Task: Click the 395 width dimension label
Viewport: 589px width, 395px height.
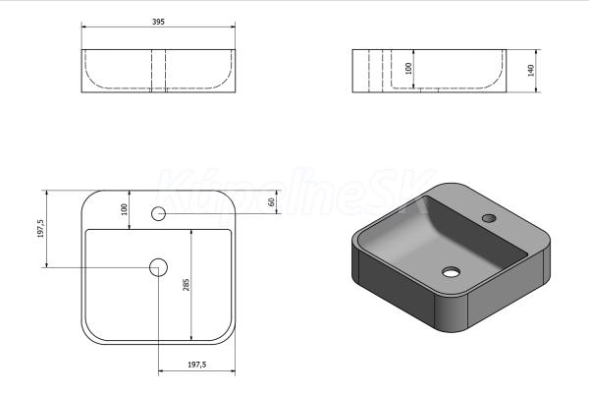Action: click(x=158, y=22)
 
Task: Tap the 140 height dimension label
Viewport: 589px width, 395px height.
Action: click(x=531, y=71)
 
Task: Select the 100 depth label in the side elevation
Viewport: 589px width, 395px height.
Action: click(x=408, y=69)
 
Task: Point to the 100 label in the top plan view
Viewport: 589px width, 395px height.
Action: click(x=125, y=209)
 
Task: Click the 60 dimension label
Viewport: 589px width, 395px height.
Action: click(x=271, y=201)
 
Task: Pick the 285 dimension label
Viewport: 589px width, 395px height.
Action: click(x=186, y=285)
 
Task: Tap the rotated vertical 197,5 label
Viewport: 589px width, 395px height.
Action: click(x=40, y=229)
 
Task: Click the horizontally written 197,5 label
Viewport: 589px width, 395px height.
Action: click(x=197, y=365)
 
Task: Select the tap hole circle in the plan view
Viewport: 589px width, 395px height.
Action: click(x=158, y=213)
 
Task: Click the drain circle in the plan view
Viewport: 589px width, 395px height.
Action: click(x=158, y=267)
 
